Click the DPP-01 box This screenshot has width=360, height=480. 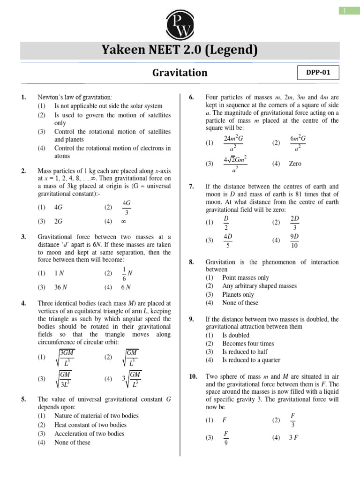(318, 73)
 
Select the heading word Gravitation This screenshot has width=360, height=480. (180, 73)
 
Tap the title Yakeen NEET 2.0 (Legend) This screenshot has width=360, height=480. (180, 50)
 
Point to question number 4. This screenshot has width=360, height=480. (23, 303)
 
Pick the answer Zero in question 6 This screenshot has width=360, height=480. (295, 164)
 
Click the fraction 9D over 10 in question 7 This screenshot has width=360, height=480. (295, 240)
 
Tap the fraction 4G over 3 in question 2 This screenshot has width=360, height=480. (126, 207)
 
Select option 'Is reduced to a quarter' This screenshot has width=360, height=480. (251, 360)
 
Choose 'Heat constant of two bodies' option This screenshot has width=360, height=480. (90, 425)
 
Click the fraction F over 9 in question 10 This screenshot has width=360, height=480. (226, 437)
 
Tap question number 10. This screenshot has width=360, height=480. (191, 377)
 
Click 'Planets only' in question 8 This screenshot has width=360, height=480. (238, 294)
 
